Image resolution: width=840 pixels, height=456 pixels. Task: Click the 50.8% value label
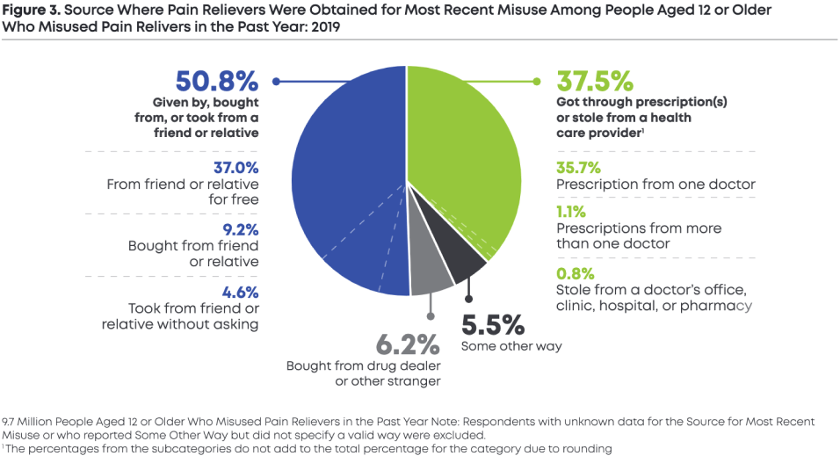pos(216,83)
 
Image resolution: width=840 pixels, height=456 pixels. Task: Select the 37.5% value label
pos(595,83)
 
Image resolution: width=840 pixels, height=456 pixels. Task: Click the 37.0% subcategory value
pos(236,167)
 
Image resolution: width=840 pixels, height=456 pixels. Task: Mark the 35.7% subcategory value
pos(578,167)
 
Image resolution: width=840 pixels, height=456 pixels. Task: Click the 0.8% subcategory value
pos(574,272)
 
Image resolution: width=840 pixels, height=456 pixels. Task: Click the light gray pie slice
pos(431,278)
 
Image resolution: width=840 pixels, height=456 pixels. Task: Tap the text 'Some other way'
pos(511,345)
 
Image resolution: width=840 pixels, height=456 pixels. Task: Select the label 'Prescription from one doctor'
pos(655,185)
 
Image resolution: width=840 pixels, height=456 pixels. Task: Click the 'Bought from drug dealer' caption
pos(363,366)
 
